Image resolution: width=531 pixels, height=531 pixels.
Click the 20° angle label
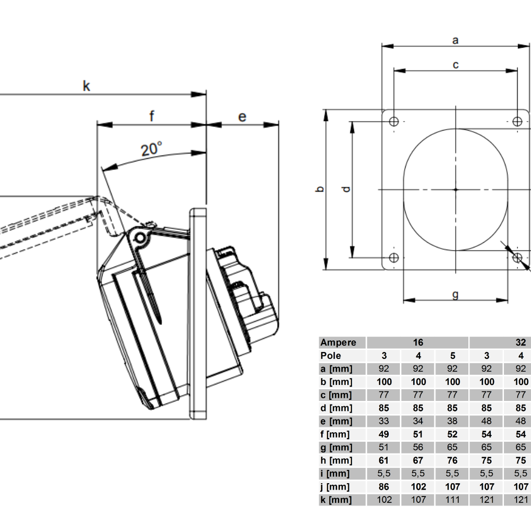151,149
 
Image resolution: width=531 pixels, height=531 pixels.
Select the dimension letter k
87,85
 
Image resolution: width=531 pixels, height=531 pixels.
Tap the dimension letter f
151,116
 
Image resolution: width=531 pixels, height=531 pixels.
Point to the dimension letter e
242,116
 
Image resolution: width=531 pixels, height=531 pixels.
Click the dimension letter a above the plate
455,39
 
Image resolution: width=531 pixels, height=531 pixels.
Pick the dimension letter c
456,65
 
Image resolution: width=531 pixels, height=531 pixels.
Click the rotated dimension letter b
319,189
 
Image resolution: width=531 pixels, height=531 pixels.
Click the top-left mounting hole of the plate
393,122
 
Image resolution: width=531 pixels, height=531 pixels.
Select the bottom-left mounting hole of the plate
393,258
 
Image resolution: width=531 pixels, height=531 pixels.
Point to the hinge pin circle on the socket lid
140,237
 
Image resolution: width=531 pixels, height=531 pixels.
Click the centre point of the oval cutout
456,189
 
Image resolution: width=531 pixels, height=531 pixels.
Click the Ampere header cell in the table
338,342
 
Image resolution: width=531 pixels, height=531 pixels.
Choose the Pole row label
331,356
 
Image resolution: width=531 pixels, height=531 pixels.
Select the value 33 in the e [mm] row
384,421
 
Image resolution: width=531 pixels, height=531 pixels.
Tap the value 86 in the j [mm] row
384,486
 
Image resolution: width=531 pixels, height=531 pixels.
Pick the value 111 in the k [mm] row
452,500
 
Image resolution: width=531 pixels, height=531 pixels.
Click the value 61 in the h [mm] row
384,460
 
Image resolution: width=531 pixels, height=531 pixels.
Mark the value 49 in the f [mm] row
384,434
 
